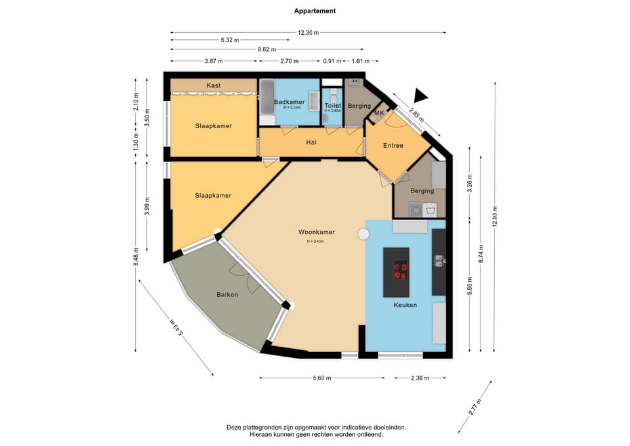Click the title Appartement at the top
314,11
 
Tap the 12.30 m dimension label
308,33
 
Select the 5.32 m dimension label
230,40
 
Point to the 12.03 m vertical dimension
495,217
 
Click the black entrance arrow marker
420,96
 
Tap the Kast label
213,85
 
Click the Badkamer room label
289,102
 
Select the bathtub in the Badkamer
267,97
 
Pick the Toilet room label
333,105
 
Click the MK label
379,113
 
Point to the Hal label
311,143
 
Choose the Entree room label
393,146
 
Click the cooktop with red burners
400,269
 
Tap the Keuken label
405,305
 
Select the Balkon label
227,294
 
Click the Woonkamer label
316,232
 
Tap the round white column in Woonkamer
364,234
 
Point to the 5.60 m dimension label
322,378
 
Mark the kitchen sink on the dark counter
439,260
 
